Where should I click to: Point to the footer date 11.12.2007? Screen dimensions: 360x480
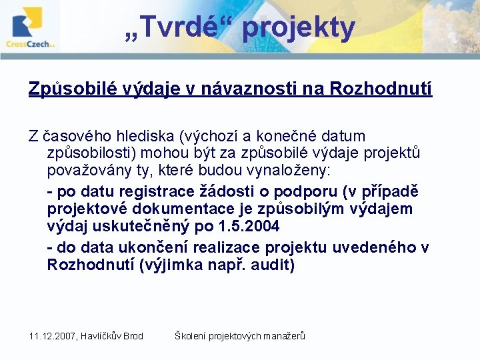click(x=51, y=336)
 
